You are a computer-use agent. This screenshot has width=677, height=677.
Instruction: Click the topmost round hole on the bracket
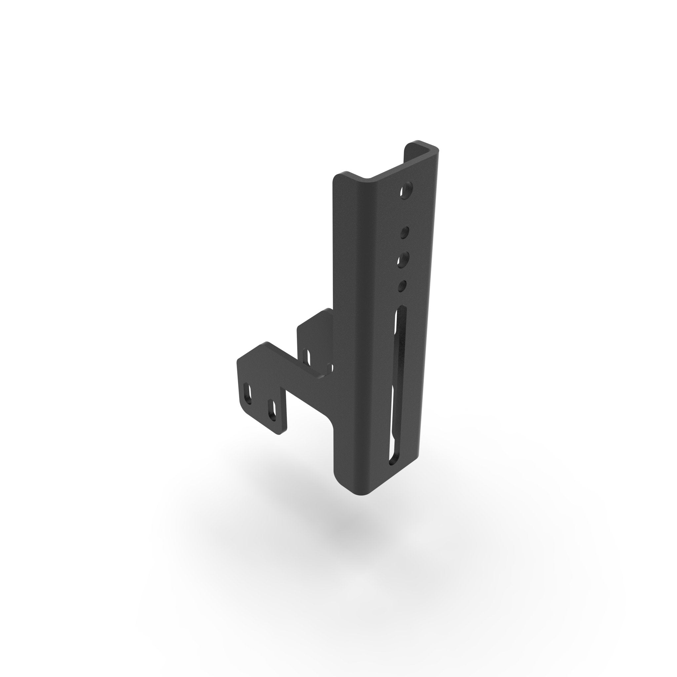[x=407, y=190]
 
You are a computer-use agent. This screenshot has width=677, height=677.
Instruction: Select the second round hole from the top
[x=405, y=232]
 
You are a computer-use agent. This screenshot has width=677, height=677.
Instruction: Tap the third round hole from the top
[x=404, y=259]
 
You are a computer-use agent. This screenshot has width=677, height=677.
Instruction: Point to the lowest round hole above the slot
[x=403, y=285]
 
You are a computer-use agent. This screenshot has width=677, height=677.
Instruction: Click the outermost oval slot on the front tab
[x=248, y=395]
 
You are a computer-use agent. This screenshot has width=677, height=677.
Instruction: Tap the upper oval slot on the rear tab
[x=307, y=356]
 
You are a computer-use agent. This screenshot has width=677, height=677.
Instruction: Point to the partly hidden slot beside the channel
[x=329, y=368]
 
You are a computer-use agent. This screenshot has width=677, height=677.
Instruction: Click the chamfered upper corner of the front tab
[x=266, y=345]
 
